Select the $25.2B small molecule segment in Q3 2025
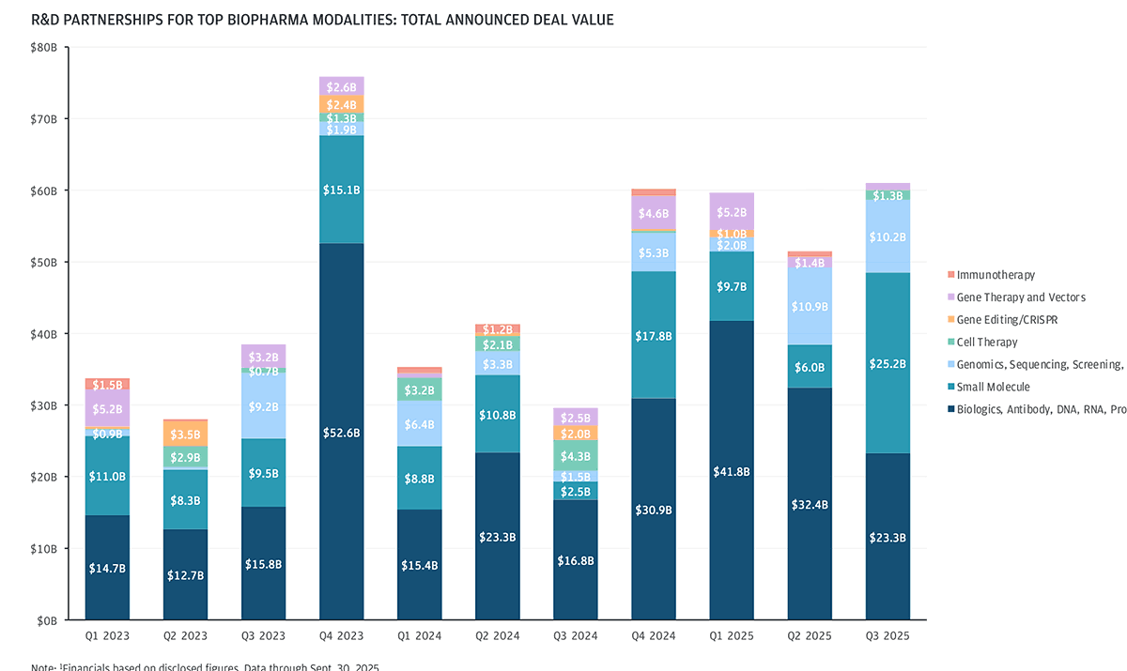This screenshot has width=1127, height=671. click(x=888, y=363)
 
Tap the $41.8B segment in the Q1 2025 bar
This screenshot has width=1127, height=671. click(x=732, y=470)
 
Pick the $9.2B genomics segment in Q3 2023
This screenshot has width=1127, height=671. click(x=263, y=406)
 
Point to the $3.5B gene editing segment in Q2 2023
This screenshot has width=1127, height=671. click(x=185, y=434)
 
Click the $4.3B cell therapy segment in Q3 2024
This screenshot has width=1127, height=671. click(x=576, y=456)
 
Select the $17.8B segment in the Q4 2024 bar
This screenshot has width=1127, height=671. click(x=654, y=335)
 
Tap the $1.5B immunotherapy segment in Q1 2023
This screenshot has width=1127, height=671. click(x=107, y=384)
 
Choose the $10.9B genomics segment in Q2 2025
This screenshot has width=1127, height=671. click(x=810, y=307)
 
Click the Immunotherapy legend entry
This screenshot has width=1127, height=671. click(x=991, y=275)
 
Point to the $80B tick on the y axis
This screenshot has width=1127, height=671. click(x=42, y=48)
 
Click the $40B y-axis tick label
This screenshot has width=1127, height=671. click(x=42, y=334)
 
